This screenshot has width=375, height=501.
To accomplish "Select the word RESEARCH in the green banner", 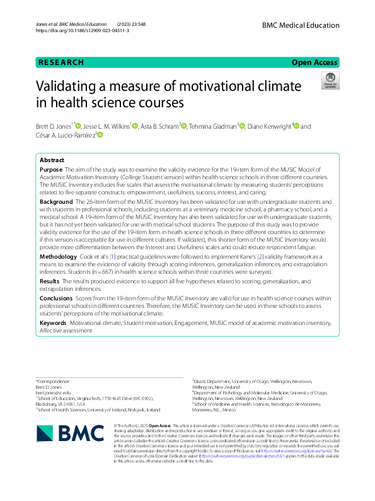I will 61,62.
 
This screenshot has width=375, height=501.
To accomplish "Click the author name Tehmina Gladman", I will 214,126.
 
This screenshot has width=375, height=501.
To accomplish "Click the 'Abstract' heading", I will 52,160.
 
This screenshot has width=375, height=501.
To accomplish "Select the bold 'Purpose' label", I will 51,170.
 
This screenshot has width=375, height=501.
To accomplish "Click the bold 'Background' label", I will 57,201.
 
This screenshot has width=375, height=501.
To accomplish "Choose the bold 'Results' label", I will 50,280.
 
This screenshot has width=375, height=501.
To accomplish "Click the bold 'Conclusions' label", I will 55,297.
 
